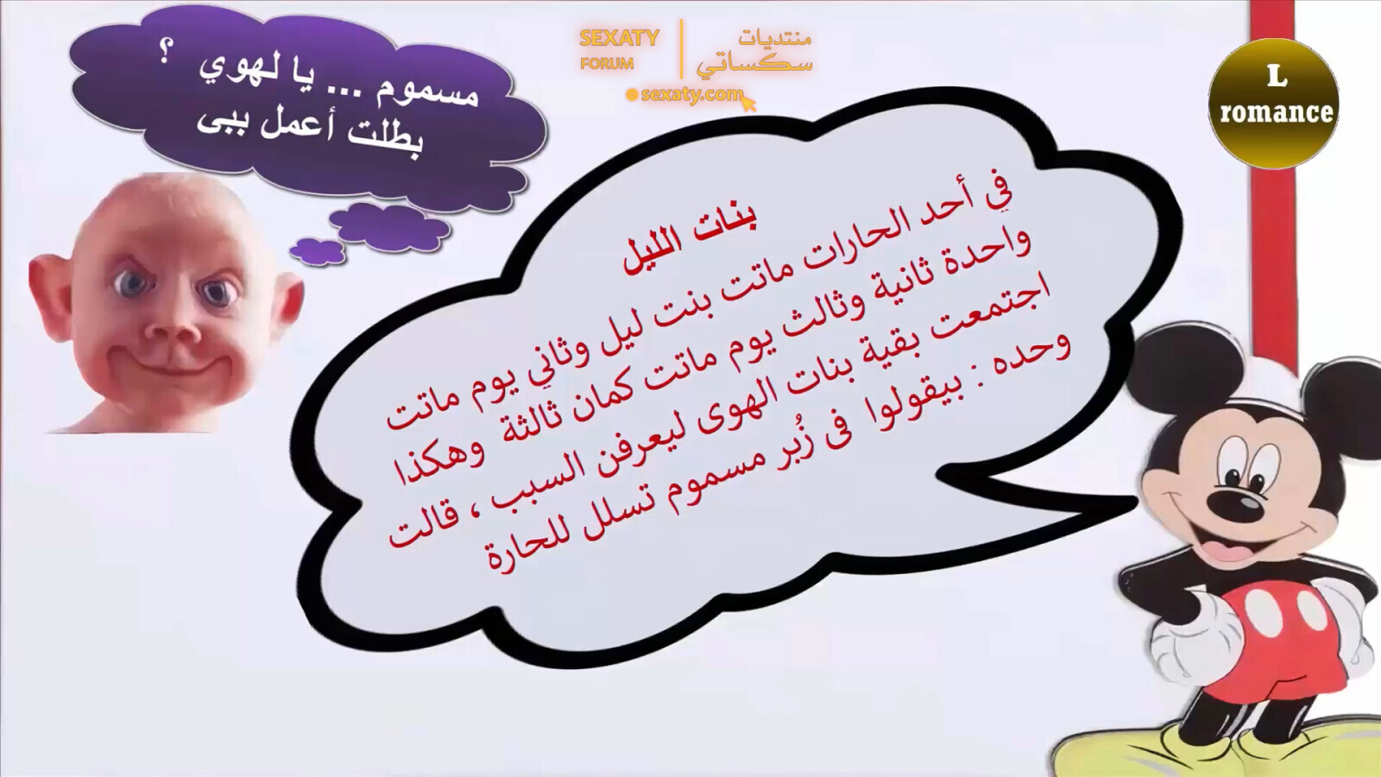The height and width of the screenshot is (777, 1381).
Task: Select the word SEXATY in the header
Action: [x=619, y=38]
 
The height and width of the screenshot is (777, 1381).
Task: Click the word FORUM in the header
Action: [x=607, y=63]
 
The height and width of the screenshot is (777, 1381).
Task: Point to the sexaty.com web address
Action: [x=691, y=94]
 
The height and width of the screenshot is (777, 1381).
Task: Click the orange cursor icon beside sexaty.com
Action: [x=748, y=104]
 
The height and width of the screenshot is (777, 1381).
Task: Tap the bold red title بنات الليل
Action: [x=690, y=239]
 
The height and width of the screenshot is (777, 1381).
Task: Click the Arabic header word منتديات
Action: [x=774, y=38]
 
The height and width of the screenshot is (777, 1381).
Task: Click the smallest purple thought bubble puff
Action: [x=317, y=250]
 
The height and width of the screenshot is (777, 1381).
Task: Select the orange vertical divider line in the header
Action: [x=681, y=49]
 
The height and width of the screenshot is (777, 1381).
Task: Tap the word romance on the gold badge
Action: [x=1276, y=112]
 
